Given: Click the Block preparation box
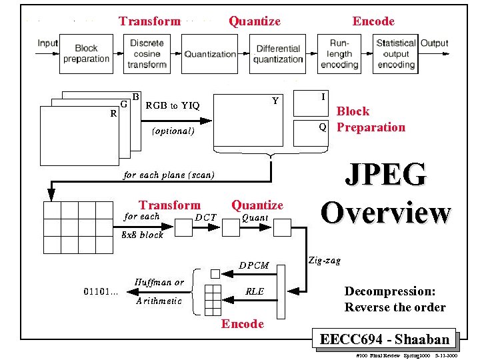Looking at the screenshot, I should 86,53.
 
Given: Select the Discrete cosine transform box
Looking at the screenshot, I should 147,53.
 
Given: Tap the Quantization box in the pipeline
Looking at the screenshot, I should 210,54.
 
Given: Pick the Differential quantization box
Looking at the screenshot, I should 279,53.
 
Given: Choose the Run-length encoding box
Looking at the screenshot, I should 339,53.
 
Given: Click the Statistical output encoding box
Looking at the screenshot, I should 396,53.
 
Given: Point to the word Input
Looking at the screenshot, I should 48,43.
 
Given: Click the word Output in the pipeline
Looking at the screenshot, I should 434,43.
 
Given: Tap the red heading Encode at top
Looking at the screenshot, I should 373,21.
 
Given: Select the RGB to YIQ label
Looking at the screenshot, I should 173,105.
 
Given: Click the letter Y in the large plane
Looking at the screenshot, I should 275,101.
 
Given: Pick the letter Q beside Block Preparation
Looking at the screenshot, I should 323,127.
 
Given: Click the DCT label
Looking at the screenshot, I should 206,217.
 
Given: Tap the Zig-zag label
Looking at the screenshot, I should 325,261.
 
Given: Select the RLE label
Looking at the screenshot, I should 255,291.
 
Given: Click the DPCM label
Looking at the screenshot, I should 254,265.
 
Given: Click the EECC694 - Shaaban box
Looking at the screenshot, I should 385,339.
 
